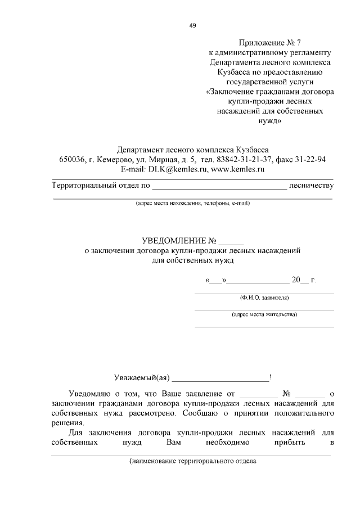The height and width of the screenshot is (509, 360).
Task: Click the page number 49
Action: pos(192,25)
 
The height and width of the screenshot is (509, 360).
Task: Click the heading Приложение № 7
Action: pos(270,43)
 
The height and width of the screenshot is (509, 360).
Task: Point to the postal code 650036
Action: pos(73,159)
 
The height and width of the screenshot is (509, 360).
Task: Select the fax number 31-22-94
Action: pos(310,159)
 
